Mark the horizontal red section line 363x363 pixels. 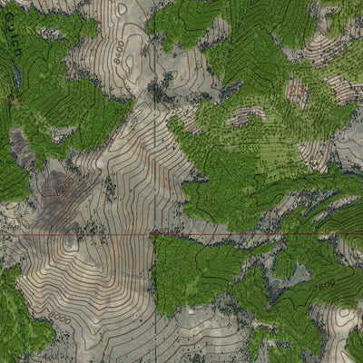tap(227, 235)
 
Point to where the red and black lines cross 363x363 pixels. tap(155, 235)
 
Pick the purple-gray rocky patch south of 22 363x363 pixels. tap(20, 150)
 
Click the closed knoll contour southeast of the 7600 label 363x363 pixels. tap(343, 318)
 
